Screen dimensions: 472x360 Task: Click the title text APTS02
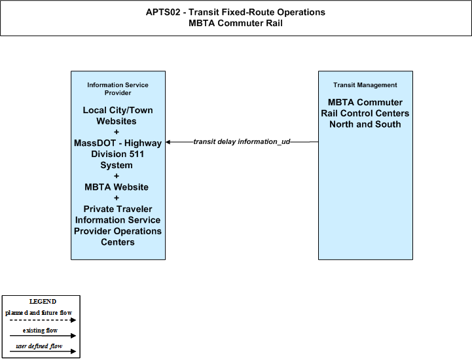pyautogui.click(x=163, y=12)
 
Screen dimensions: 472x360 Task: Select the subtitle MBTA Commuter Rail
pyautogui.click(x=236, y=23)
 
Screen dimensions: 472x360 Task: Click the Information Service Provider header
pyautogui.click(x=118, y=89)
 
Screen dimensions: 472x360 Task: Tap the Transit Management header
pyautogui.click(x=365, y=85)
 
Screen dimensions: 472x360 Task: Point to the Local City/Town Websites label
pyautogui.click(x=118, y=116)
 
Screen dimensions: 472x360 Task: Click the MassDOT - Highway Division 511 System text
pyautogui.click(x=118, y=154)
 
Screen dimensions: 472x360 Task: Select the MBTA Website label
pyautogui.click(x=117, y=187)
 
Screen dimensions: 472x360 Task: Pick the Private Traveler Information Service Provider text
pyautogui.click(x=118, y=220)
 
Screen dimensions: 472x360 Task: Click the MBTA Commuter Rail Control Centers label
pyautogui.click(x=365, y=113)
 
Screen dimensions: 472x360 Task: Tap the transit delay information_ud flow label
pyautogui.click(x=242, y=141)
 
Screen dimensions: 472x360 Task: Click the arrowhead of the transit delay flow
pyautogui.click(x=168, y=142)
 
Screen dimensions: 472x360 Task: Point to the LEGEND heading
pyautogui.click(x=43, y=301)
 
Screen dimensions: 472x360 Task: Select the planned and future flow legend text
pyautogui.click(x=39, y=313)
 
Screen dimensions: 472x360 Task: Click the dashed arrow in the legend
pyautogui.click(x=43, y=320)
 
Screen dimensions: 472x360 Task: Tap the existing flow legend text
pyautogui.click(x=40, y=330)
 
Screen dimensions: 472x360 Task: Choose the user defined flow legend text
pyautogui.click(x=39, y=346)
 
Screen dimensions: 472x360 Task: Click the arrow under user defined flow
pyautogui.click(x=43, y=351)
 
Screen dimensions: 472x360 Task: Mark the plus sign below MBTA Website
pyautogui.click(x=117, y=198)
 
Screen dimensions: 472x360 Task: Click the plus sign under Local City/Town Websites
pyautogui.click(x=117, y=132)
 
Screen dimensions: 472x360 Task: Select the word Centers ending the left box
pyautogui.click(x=118, y=242)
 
